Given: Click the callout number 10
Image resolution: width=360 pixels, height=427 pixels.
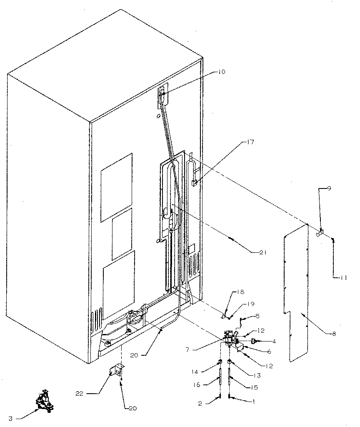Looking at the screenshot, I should (x=221, y=72).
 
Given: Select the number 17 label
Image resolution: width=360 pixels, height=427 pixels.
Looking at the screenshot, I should (x=250, y=142).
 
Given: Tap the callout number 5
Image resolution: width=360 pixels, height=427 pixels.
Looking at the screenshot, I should (x=257, y=316).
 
